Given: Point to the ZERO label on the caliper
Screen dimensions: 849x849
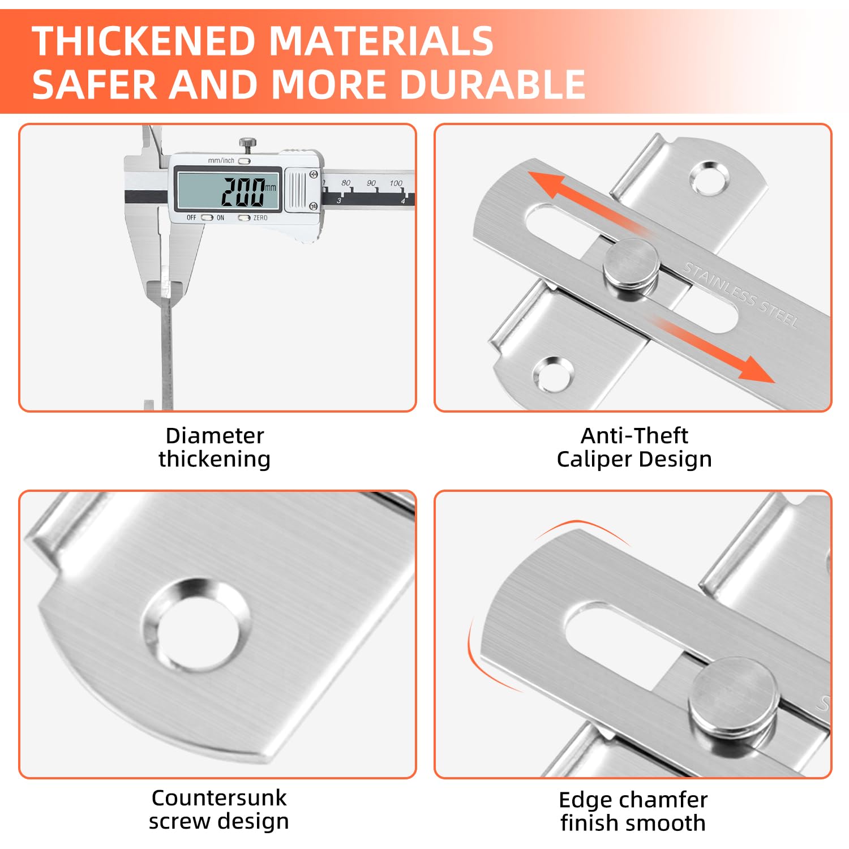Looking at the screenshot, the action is [260, 218].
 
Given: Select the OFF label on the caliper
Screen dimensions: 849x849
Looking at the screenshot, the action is [191, 218].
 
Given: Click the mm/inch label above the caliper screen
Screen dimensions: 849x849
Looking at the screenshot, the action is [221, 161].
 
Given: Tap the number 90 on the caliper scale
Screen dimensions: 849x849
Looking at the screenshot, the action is [371, 183].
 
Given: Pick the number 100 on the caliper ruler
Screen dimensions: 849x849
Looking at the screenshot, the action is [396, 183].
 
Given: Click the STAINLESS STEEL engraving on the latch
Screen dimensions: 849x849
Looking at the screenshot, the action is [741, 295].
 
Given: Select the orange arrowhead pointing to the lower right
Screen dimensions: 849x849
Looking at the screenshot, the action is [756, 369].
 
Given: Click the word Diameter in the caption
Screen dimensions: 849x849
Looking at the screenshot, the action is [215, 436].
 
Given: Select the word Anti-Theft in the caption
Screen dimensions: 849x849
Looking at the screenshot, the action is [634, 436].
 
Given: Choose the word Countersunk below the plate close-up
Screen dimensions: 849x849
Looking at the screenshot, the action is [219, 798].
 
